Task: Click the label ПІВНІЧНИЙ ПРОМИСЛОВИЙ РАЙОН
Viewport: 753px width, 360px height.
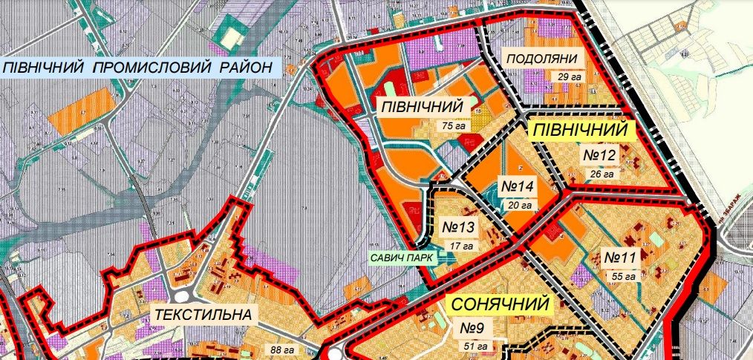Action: click(x=140, y=68)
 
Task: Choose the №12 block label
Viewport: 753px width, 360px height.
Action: click(x=599, y=156)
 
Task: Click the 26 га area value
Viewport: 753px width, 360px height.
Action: click(x=601, y=174)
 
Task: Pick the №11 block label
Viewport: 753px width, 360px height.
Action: click(x=620, y=258)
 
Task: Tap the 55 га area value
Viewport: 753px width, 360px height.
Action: click(x=623, y=276)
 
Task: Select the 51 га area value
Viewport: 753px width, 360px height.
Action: click(x=475, y=345)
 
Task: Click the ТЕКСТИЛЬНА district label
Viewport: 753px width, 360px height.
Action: click(x=203, y=315)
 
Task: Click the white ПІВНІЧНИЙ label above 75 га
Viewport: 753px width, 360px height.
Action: click(x=426, y=107)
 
